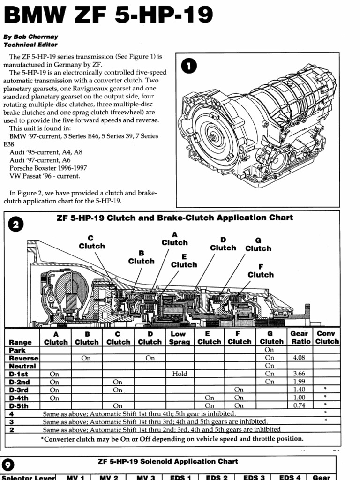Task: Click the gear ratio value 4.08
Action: [x=299, y=358]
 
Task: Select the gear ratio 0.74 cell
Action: [x=299, y=405]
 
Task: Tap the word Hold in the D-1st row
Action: [x=179, y=374]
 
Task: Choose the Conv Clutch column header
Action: [x=326, y=337]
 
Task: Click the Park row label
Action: [x=17, y=350]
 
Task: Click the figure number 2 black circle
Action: [x=16, y=224]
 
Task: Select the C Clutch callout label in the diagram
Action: [x=92, y=242]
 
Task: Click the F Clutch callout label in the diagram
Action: [x=261, y=270]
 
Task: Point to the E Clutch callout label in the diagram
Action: [x=184, y=261]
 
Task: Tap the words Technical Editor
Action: [x=30, y=45]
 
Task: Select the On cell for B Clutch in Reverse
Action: [x=86, y=358]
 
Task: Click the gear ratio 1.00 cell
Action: [x=299, y=397]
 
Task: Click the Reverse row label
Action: [x=23, y=358]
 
